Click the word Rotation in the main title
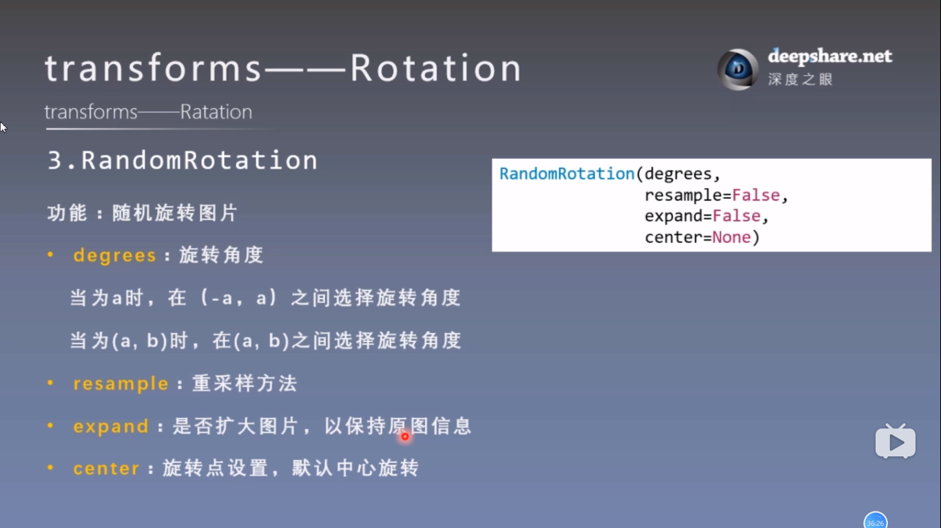435,69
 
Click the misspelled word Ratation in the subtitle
216,112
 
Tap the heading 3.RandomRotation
183,161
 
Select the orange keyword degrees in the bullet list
115,256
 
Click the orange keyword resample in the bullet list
121,384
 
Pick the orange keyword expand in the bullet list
111,427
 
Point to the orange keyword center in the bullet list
107,469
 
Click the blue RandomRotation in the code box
567,174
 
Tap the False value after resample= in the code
756,196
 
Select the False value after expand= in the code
736,216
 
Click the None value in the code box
732,237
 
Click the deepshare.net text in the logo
829,56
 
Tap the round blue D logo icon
738,70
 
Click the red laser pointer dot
405,436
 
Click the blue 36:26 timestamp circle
875,522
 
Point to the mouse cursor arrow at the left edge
3,127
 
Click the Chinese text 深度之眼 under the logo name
800,79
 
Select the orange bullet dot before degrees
50,255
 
